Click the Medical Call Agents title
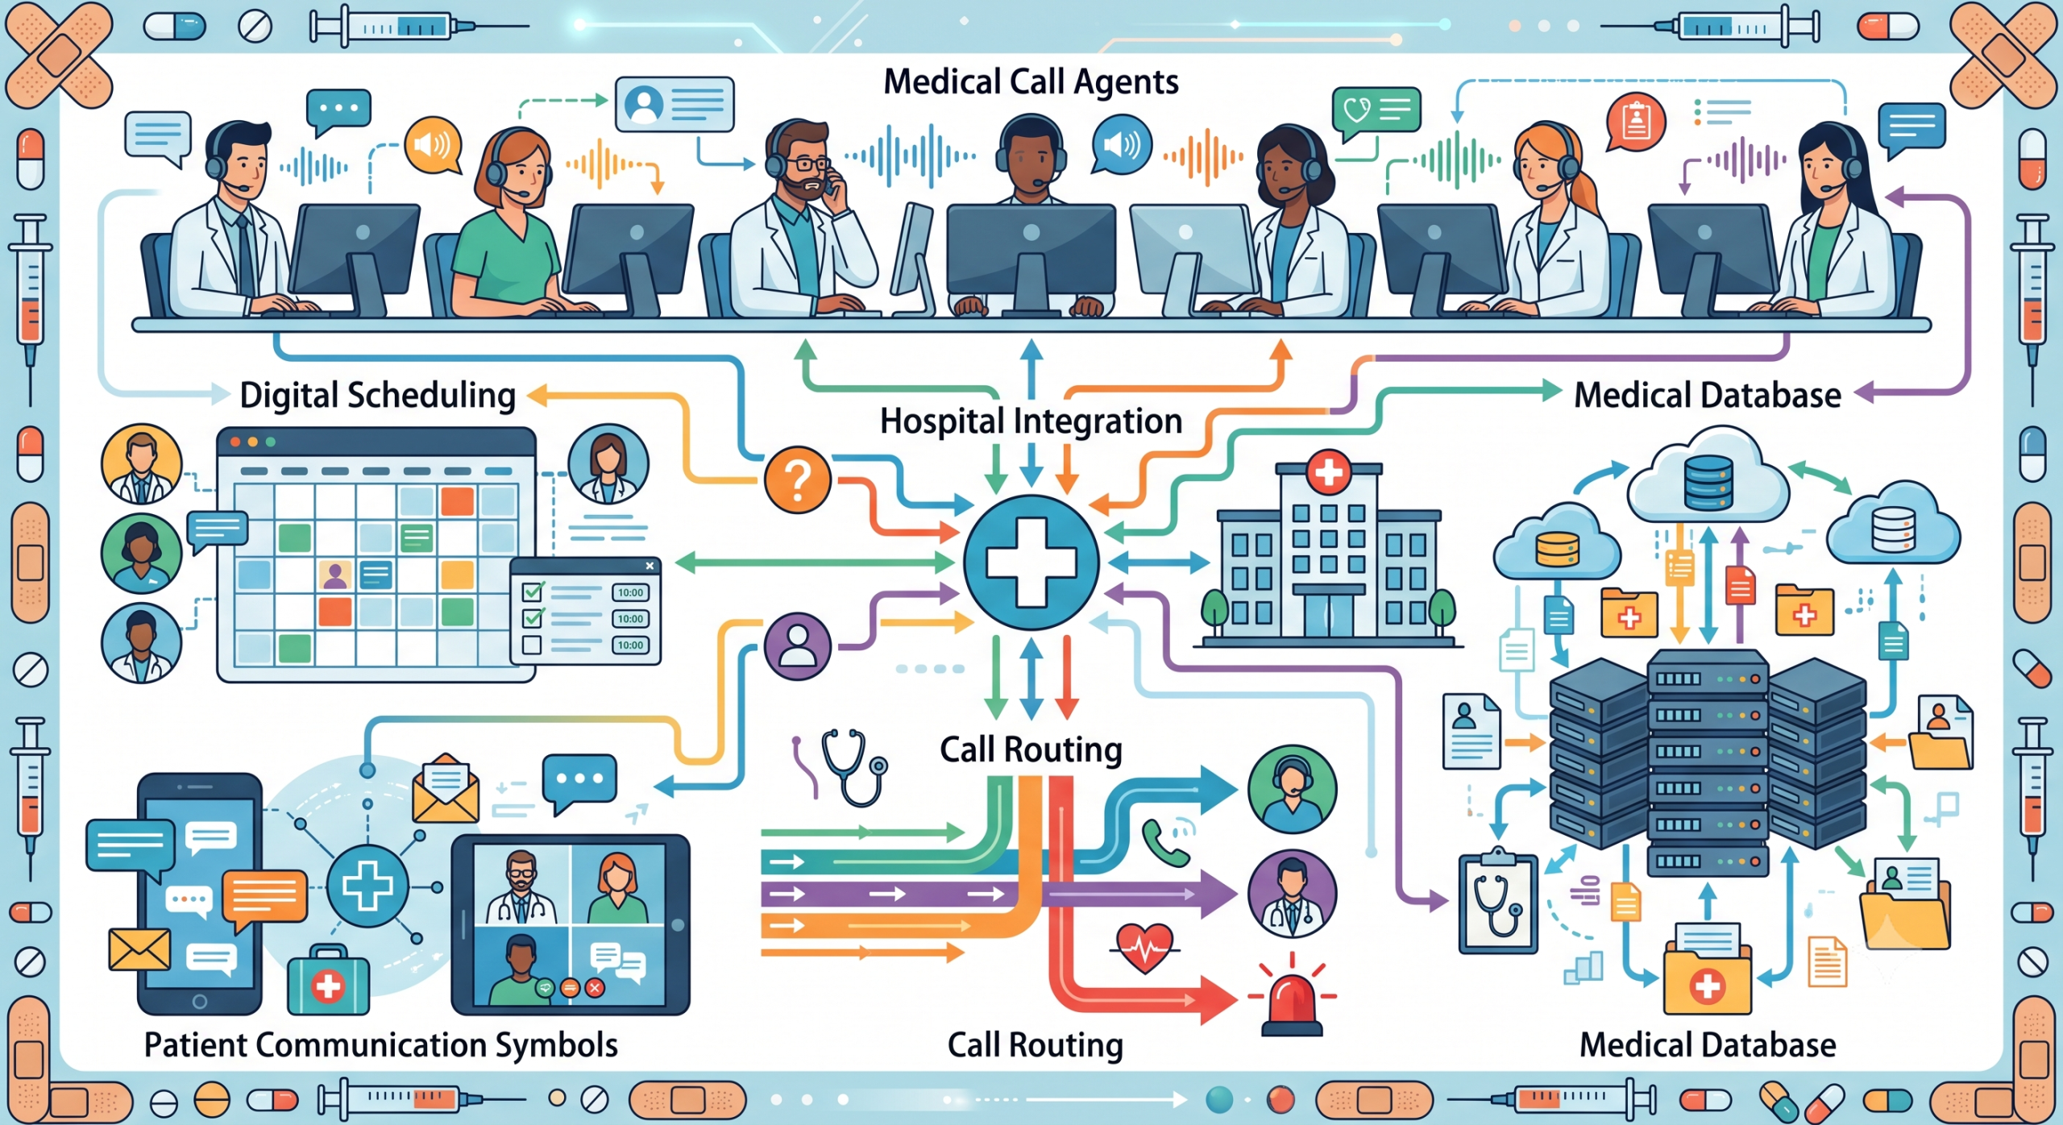click(1031, 82)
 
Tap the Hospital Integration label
click(1031, 421)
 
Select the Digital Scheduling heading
click(378, 396)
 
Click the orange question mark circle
click(798, 480)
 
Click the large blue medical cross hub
click(1031, 562)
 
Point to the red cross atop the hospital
click(1328, 472)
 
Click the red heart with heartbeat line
click(1144, 948)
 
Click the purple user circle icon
click(798, 646)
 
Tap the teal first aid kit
click(328, 980)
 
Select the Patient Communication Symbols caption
click(381, 1045)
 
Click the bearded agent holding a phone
click(802, 218)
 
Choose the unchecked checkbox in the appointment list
click(532, 645)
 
